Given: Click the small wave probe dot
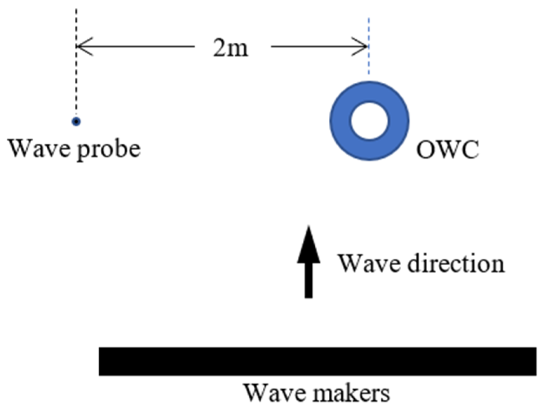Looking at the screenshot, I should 76,122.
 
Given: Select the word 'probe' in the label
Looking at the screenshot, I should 109,150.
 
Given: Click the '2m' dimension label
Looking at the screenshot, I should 230,48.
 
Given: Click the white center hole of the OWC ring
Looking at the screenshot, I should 369,121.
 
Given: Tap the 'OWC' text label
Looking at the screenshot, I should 447,150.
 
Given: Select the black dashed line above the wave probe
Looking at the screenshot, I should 76,70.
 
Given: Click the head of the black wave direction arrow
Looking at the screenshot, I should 309,245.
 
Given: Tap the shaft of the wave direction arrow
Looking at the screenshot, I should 309,280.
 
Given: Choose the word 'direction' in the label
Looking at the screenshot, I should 456,263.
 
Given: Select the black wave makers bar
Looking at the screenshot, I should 317,361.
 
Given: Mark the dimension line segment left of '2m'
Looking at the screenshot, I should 140,46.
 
